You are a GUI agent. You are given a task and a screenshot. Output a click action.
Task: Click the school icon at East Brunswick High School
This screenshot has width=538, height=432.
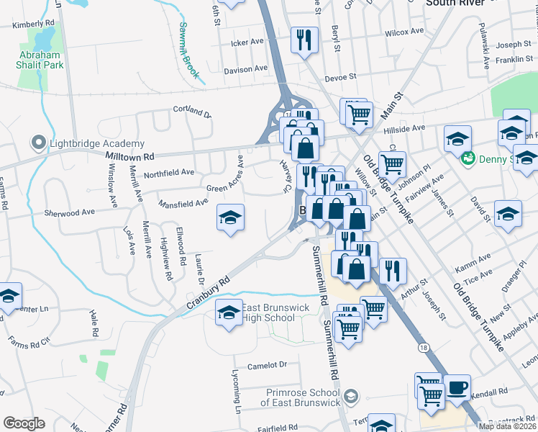(x=229, y=313)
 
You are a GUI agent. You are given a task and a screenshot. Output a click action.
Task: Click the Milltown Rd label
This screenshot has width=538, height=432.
(x=129, y=156)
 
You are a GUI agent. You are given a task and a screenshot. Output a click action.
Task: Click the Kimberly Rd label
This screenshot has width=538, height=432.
(x=34, y=24)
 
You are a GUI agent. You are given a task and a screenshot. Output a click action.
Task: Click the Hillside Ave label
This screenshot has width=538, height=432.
(x=404, y=128)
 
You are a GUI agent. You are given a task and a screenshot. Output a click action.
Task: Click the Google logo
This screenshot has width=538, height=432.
(x=24, y=423)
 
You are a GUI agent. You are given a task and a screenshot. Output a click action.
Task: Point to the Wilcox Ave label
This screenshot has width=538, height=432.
(x=404, y=32)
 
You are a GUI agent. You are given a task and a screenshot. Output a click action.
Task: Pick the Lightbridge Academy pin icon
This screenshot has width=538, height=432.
(x=37, y=143)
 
